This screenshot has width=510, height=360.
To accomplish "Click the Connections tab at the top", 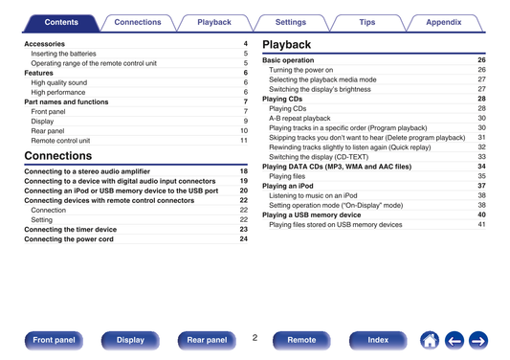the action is [x=138, y=22].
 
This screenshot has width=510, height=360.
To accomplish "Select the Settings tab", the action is [x=291, y=22].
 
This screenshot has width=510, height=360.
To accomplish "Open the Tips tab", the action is [x=367, y=22].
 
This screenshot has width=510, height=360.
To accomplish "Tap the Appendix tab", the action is [x=444, y=22].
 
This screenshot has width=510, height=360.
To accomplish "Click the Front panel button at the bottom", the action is [x=54, y=340].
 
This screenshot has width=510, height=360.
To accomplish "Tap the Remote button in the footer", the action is [x=301, y=340].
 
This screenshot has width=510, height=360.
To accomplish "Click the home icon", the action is [x=430, y=341].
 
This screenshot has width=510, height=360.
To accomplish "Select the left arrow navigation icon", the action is [x=455, y=341].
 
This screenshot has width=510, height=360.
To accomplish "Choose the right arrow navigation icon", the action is [x=478, y=341].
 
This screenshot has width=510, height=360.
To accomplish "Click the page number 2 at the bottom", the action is [x=255, y=338].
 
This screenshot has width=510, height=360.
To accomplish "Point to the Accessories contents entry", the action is [x=45, y=44].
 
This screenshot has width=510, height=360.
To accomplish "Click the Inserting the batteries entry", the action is [x=63, y=54].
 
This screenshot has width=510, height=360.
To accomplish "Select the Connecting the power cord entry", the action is [x=69, y=239].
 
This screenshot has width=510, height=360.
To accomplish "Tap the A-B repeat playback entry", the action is [x=299, y=118].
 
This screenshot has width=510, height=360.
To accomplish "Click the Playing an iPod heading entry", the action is [x=288, y=186].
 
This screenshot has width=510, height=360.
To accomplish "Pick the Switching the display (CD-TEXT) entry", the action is [x=319, y=157].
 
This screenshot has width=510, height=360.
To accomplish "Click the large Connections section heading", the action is [x=58, y=156].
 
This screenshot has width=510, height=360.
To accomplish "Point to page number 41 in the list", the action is [x=481, y=225].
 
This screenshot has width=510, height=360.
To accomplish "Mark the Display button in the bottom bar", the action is [x=130, y=340].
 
